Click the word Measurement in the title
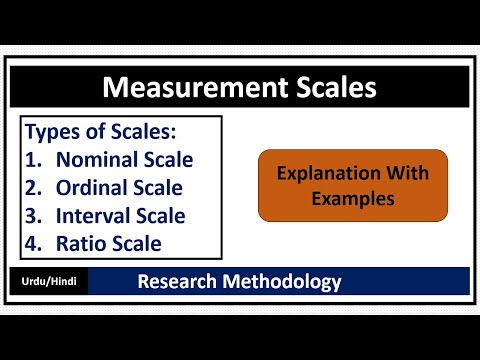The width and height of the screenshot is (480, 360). [186, 88]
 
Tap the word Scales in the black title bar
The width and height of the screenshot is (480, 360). [325, 88]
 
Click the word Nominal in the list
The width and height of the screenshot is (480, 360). [96, 159]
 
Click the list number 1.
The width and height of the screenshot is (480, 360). [32, 159]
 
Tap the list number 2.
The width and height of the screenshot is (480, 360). [32, 187]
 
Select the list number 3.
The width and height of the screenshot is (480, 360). [32, 215]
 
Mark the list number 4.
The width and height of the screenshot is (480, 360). [32, 243]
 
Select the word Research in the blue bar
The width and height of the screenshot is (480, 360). [180, 282]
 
